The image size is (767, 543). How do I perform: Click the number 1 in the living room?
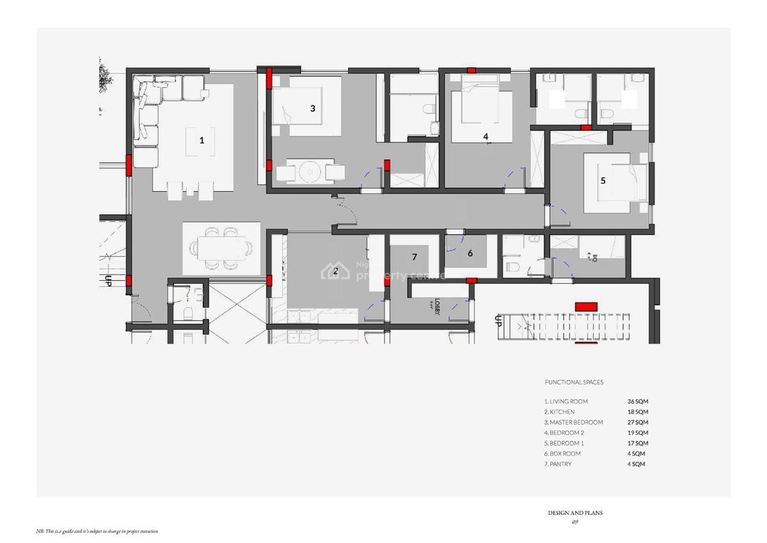(202, 140)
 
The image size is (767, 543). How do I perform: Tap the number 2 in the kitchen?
(335, 271)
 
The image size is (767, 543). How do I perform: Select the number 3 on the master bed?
(313, 108)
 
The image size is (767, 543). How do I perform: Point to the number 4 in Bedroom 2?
(486, 136)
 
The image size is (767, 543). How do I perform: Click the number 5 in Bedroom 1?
(603, 180)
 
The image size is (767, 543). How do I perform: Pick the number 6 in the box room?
(470, 253)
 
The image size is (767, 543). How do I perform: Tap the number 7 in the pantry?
(414, 257)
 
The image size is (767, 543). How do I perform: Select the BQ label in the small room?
(594, 259)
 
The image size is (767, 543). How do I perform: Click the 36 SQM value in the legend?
(637, 402)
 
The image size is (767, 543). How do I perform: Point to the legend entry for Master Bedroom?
(573, 422)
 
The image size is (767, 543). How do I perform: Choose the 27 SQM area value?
(637, 422)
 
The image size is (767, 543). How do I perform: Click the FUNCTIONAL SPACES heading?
(573, 382)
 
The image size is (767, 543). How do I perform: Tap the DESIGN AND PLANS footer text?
(575, 513)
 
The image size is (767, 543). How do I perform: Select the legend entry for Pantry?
(558, 464)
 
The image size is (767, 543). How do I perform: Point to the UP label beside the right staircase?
(498, 320)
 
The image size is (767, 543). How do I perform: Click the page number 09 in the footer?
(575, 522)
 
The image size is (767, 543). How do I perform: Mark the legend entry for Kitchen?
(559, 412)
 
